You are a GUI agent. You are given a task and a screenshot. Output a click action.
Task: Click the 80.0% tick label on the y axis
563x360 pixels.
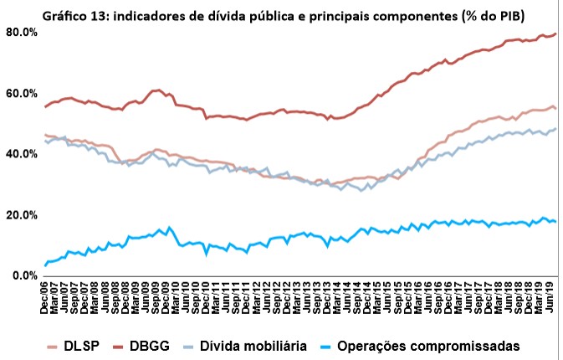click(x=21, y=32)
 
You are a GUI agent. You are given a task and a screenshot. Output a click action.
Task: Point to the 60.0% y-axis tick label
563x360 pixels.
click(x=21, y=93)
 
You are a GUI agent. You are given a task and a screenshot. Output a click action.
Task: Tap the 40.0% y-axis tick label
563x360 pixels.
click(x=21, y=154)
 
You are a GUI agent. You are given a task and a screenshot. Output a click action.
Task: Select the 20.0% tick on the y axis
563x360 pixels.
click(x=21, y=215)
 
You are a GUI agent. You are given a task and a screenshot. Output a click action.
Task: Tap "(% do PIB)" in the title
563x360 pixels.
click(x=512, y=12)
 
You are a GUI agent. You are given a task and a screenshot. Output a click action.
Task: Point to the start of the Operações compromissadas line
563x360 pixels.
click(x=45, y=266)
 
